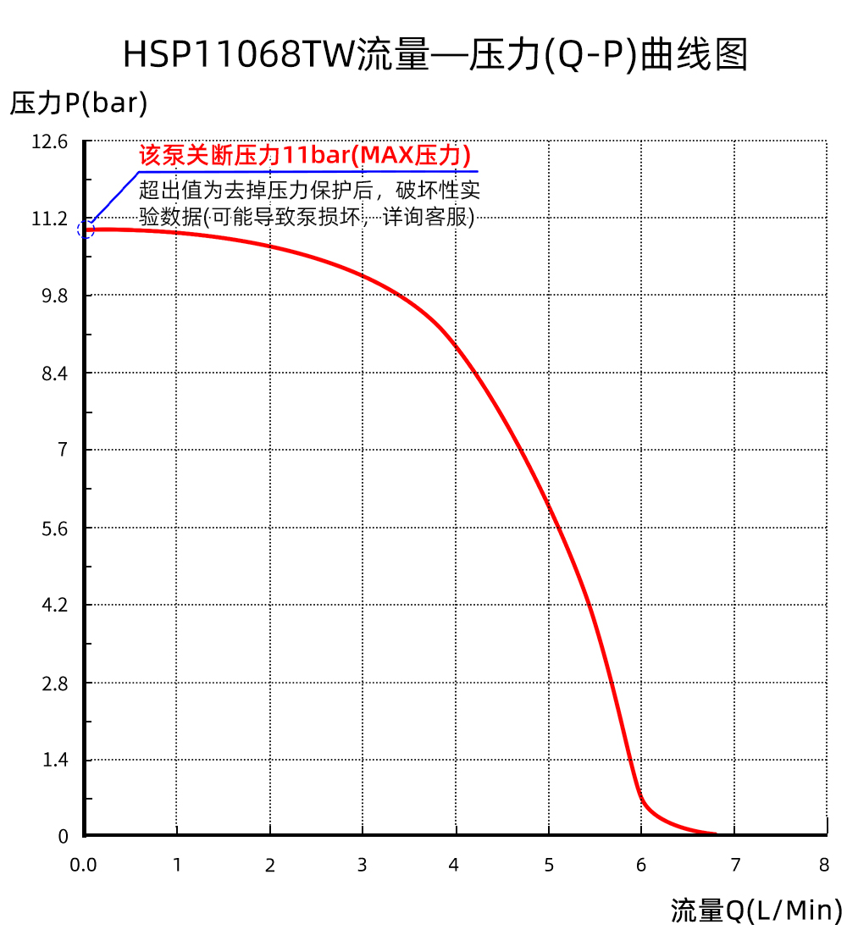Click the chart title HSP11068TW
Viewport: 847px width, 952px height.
pos(435,54)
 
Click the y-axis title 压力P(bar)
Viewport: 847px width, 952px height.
pos(79,103)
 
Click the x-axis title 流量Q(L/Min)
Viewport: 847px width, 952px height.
pos(756,910)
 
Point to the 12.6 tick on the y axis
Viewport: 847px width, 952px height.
pos(49,142)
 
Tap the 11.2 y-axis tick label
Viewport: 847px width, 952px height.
pos(49,219)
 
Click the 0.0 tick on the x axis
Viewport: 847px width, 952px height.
pos(83,865)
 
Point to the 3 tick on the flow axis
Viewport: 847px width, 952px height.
pos(363,865)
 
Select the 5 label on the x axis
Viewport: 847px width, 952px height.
pos(549,865)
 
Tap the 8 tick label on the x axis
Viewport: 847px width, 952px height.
pos(824,865)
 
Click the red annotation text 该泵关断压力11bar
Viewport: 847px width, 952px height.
pos(305,156)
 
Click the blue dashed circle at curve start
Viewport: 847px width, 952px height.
pos(86,230)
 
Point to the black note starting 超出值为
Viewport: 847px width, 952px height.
pos(309,202)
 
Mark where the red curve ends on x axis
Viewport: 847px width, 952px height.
pos(716,834)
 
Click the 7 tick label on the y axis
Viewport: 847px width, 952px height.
pos(62,450)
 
